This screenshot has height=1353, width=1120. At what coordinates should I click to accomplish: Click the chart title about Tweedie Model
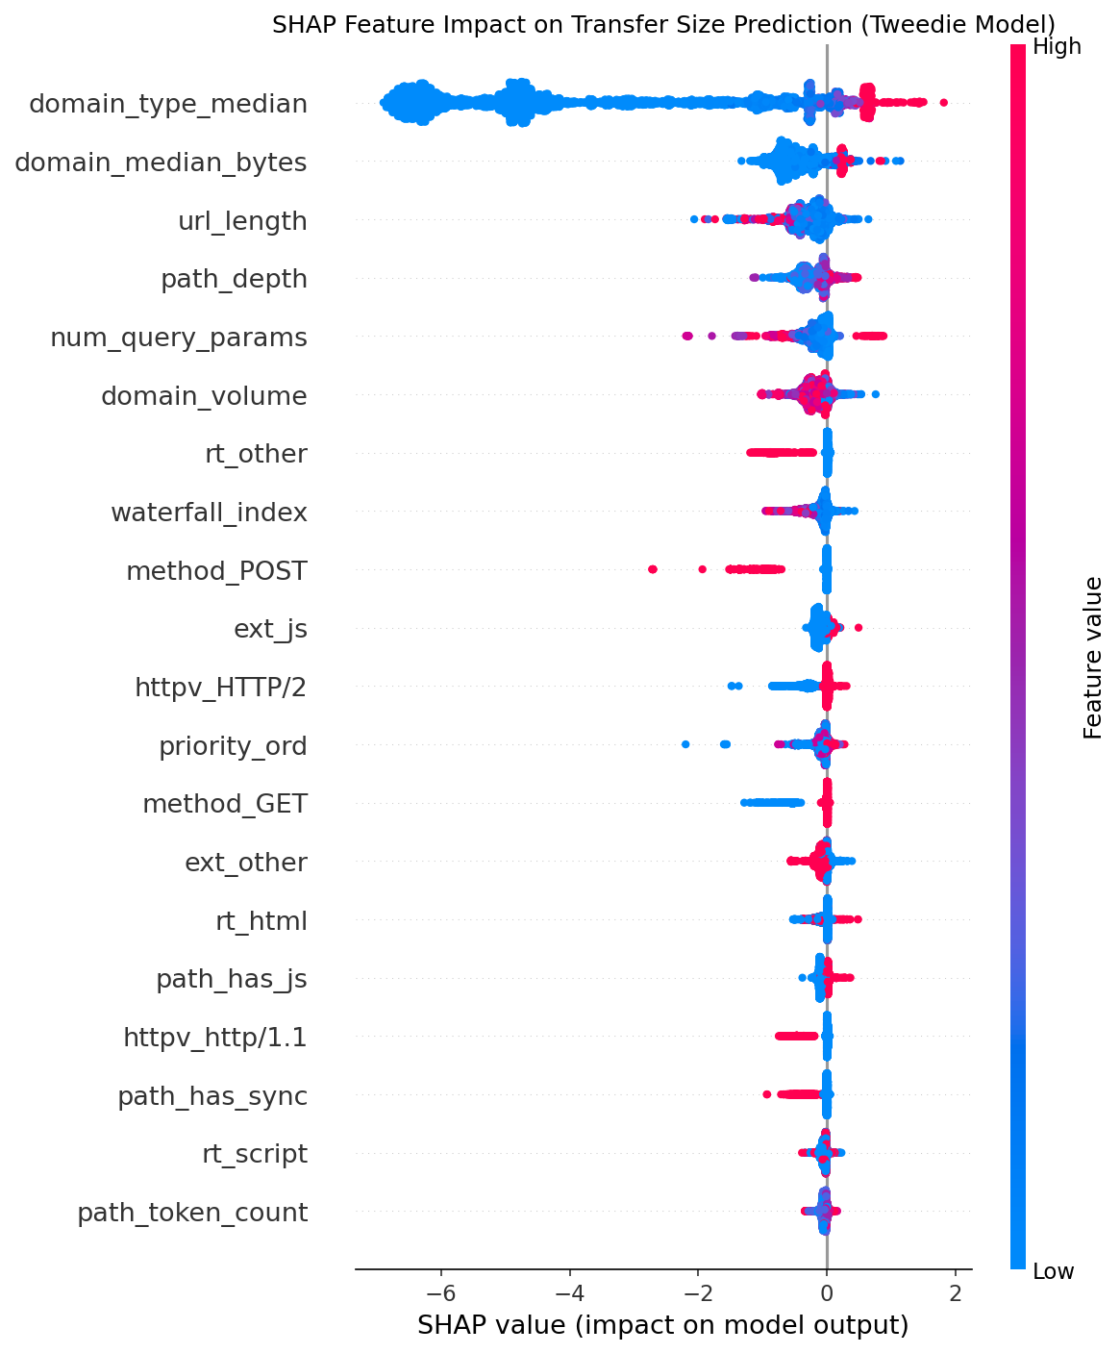pyautogui.click(x=663, y=24)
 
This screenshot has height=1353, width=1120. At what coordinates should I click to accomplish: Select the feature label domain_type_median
pyautogui.click(x=168, y=104)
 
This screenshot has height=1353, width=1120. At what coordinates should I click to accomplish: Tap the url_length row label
pyautogui.click(x=242, y=221)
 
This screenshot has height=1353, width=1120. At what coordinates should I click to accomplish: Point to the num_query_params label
pyautogui.click(x=179, y=338)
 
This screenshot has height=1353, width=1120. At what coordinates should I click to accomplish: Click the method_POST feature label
pyautogui.click(x=216, y=571)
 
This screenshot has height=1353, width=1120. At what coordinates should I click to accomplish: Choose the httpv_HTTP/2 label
pyautogui.click(x=221, y=688)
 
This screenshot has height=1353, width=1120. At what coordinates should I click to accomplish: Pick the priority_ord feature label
pyautogui.click(x=233, y=746)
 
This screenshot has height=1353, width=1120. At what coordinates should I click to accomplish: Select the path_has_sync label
pyautogui.click(x=212, y=1096)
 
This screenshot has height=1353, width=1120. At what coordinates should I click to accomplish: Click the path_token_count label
pyautogui.click(x=192, y=1213)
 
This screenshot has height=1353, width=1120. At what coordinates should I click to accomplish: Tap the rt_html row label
pyautogui.click(x=261, y=921)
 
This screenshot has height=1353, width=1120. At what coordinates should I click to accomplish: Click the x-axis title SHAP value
pyautogui.click(x=663, y=1326)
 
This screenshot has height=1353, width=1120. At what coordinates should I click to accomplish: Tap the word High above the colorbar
pyautogui.click(x=1057, y=46)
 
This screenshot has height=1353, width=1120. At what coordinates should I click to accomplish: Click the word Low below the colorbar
pyautogui.click(x=1054, y=1272)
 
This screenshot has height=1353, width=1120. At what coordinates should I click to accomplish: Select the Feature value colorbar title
pyautogui.click(x=1093, y=658)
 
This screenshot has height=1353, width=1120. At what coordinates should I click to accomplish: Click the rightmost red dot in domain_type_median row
pyautogui.click(x=943, y=102)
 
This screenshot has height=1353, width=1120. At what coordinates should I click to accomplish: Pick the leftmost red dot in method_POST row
pyautogui.click(x=653, y=569)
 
